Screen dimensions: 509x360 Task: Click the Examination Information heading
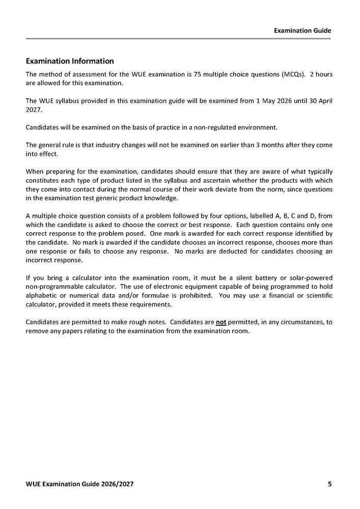70,61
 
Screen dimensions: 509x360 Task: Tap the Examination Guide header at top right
302,31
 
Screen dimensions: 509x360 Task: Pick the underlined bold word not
221,322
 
